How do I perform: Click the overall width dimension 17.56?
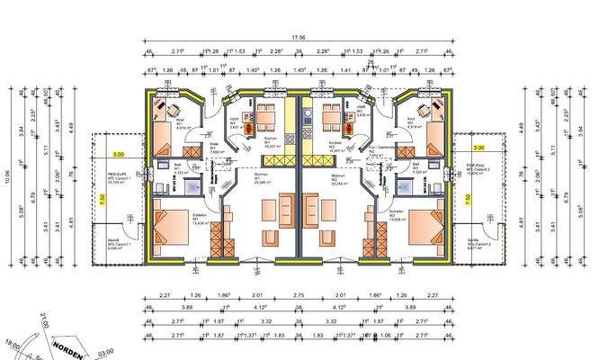tap(298, 38)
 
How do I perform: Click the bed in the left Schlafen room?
tap(168, 226)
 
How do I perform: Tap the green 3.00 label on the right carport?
tap(478, 146)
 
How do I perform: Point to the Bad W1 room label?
tap(178, 166)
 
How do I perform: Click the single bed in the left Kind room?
tap(162, 138)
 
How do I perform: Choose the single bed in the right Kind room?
tap(435, 138)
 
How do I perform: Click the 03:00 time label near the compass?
tap(105, 355)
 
